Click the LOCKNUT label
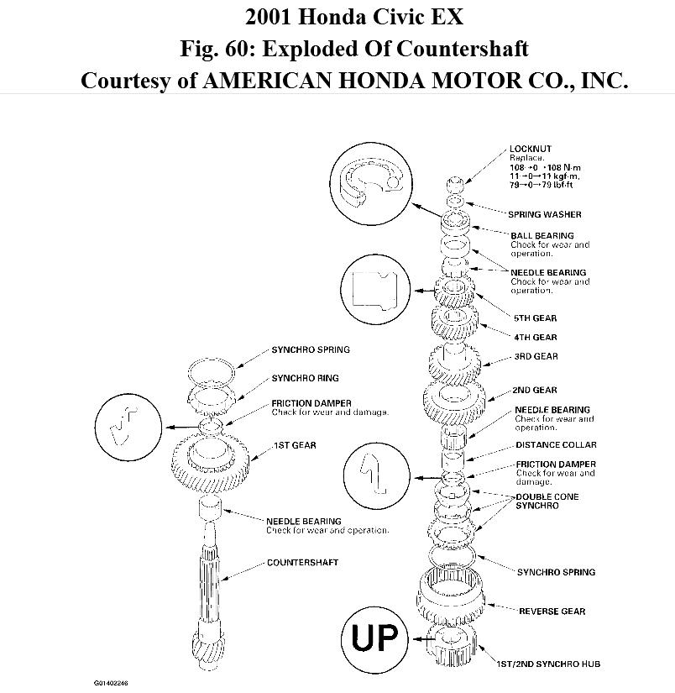click(530, 149)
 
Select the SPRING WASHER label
click(545, 214)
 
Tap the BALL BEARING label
click(542, 236)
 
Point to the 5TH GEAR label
click(535, 318)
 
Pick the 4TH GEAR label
click(535, 337)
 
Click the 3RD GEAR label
click(535, 357)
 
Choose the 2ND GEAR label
click(535, 390)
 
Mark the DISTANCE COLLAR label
click(556, 445)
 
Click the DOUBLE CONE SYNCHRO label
click(547, 501)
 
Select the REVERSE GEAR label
click(552, 611)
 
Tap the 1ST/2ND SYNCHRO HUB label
click(560, 664)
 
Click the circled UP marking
click(374, 638)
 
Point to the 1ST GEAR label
click(294, 445)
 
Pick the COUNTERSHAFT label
click(302, 562)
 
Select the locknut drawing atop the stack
click(455, 184)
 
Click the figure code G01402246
click(117, 682)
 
